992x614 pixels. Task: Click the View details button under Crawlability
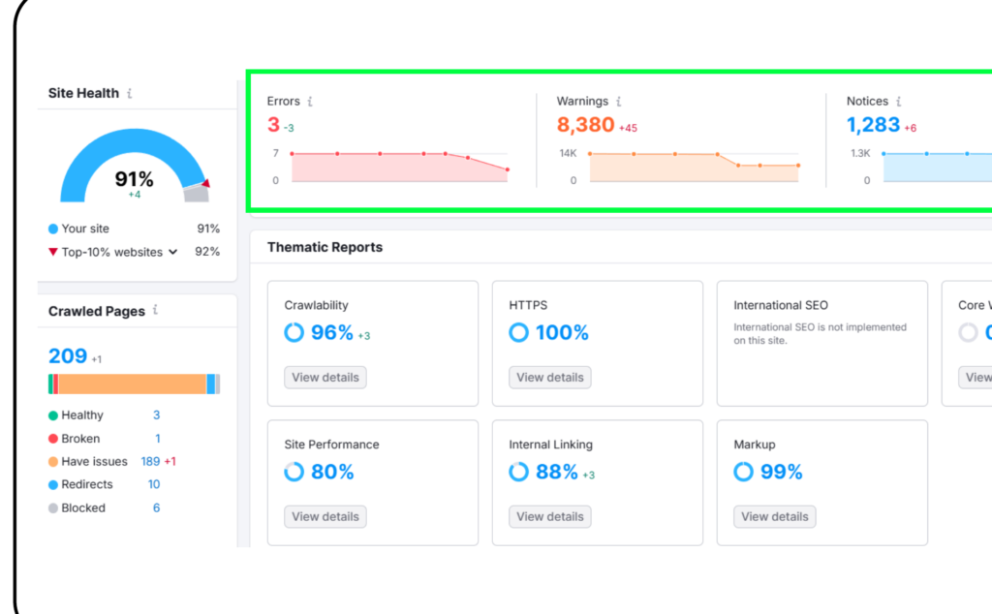coord(325,378)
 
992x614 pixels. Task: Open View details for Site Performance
coord(325,516)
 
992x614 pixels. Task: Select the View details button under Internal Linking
coord(550,516)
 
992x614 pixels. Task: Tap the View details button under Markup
coord(774,516)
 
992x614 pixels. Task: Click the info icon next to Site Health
coord(130,93)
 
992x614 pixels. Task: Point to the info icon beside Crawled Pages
coord(155,310)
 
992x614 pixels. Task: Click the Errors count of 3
coord(273,125)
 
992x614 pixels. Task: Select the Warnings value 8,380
coord(585,125)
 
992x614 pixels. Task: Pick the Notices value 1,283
coord(873,125)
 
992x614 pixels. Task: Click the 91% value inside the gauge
coord(134,179)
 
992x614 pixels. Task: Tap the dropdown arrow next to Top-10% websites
coord(172,252)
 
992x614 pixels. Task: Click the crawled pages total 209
coord(68,356)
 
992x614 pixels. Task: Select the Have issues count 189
coord(150,462)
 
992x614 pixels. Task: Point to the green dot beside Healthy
coord(53,415)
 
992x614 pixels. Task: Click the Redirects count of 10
coord(154,484)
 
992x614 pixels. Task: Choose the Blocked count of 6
coord(156,507)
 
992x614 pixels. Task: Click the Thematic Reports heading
coord(325,247)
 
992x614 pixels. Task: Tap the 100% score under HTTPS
coord(562,332)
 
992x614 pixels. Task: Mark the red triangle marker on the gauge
coord(205,183)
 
